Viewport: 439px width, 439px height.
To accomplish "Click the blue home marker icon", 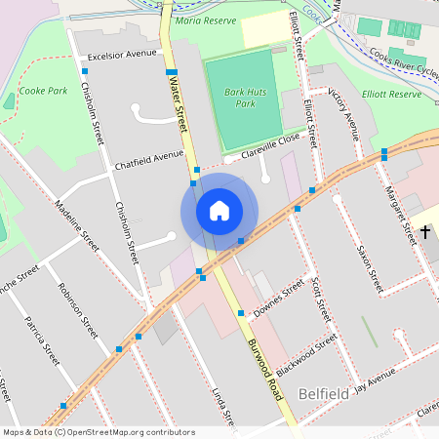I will pyautogui.click(x=219, y=211).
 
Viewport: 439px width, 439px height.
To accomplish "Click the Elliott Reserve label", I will pyautogui.click(x=389, y=95).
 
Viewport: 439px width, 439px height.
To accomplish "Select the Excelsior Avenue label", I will pyautogui.click(x=122, y=55).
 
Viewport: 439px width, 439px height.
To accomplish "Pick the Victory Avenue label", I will pyautogui.click(x=343, y=112).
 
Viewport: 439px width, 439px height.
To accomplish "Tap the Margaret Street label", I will pyautogui.click(x=401, y=214).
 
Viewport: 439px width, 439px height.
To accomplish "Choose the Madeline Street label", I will pyautogui.click(x=77, y=225).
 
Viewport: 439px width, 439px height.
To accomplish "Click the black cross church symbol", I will pyautogui.click(x=425, y=232).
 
